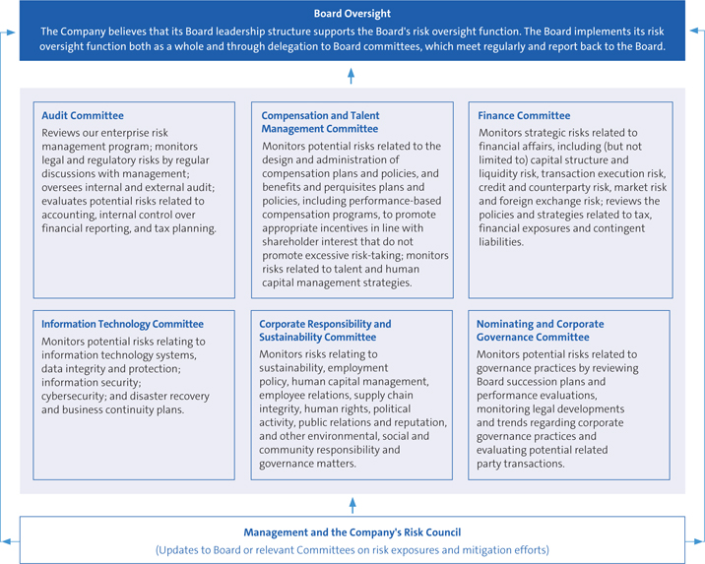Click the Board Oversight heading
point(352,14)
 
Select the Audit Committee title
point(83,116)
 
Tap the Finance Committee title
point(524,116)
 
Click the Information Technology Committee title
point(122,324)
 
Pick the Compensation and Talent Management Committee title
point(320,122)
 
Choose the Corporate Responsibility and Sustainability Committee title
point(325,330)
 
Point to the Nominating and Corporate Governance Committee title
point(541,330)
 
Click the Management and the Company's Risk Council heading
point(352,533)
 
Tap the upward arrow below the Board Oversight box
point(352,74)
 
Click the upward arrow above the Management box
point(352,504)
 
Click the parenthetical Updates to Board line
point(352,550)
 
